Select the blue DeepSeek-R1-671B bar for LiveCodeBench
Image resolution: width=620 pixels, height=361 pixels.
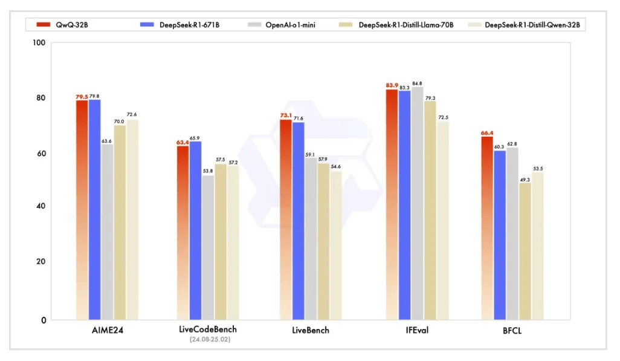(195, 230)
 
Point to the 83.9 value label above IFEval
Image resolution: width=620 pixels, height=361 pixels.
(392, 85)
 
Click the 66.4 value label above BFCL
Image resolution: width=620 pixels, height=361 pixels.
(487, 133)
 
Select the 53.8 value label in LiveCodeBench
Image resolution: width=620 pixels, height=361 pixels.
(208, 171)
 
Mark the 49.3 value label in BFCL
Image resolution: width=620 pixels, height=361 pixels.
(525, 180)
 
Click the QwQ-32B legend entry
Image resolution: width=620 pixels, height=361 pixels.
(63, 25)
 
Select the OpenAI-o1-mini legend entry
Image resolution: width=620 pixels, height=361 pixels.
(288, 25)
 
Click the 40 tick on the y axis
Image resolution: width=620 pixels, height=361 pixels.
(40, 206)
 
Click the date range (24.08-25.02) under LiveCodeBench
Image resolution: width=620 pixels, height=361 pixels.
(208, 339)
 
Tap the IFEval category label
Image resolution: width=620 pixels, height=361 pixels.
(418, 330)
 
